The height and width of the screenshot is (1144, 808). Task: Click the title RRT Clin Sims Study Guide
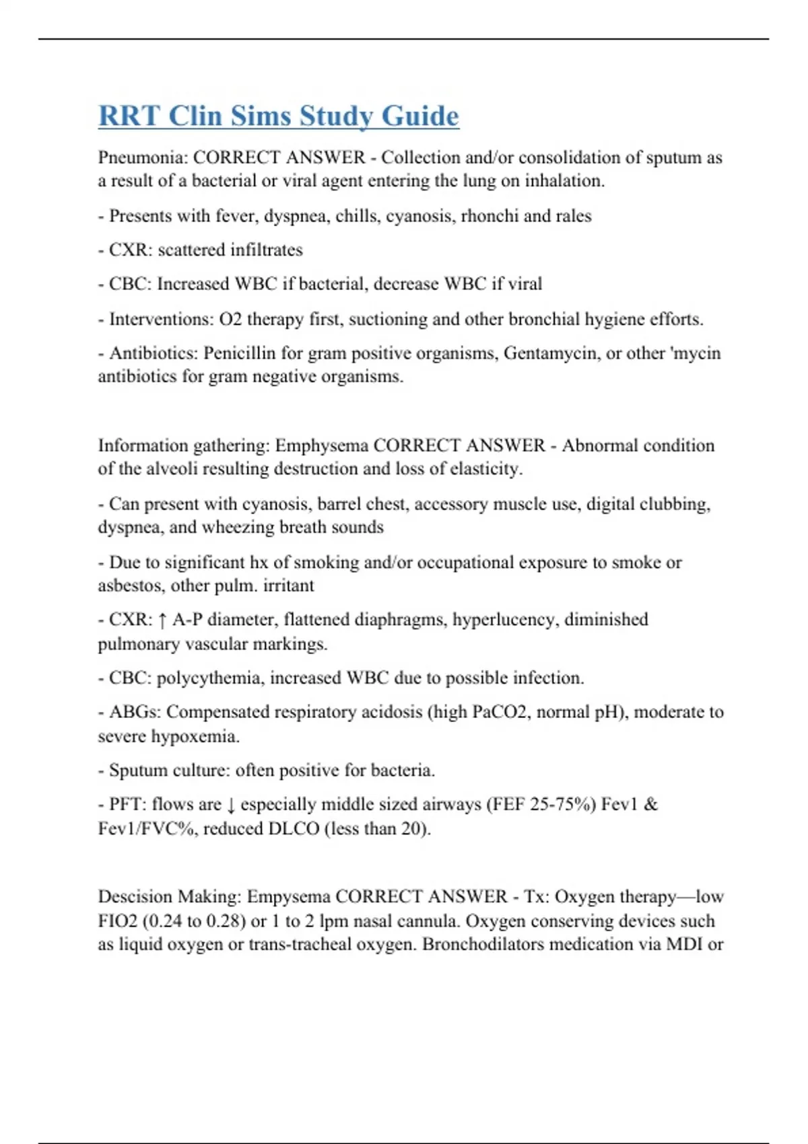tap(279, 116)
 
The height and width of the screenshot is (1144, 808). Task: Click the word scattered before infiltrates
tap(191, 250)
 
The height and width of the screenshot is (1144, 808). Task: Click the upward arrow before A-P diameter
tap(162, 620)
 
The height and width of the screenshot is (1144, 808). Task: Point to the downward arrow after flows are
tap(231, 805)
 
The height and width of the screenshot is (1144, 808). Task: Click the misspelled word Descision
tap(135, 897)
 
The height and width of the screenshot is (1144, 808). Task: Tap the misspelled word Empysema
tap(288, 897)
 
